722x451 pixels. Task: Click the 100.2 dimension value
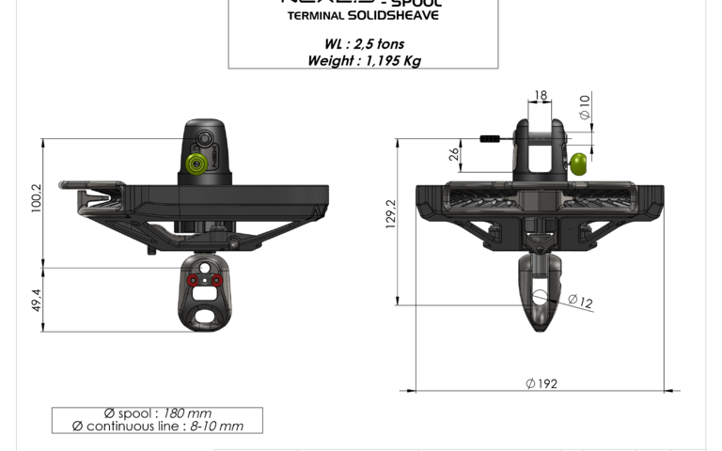coord(37,198)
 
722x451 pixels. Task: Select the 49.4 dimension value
coord(37,300)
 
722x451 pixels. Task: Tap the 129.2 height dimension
coord(390,213)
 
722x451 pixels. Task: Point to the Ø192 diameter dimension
coord(542,382)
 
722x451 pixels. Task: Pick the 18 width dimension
coord(540,95)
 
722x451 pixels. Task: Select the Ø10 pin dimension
coord(585,107)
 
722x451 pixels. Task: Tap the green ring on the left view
coord(196,165)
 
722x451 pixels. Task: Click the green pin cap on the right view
coord(579,164)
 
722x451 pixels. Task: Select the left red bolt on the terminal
coord(193,280)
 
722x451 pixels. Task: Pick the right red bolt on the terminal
coord(216,280)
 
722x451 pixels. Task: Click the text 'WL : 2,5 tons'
coord(363,43)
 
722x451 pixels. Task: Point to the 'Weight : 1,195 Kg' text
coord(363,60)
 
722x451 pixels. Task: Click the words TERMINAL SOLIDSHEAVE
coord(363,16)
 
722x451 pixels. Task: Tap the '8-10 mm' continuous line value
coord(216,426)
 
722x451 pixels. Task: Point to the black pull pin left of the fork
coord(493,139)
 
